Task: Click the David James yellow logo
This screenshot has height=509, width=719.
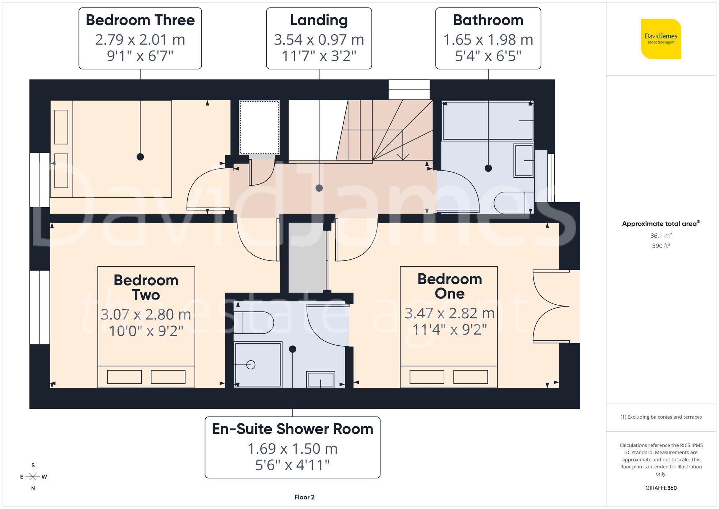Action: (x=661, y=39)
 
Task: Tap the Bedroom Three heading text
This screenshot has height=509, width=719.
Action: (x=140, y=20)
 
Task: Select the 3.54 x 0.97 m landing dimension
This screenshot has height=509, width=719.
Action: (x=319, y=40)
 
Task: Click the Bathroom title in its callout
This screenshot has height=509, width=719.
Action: (x=488, y=20)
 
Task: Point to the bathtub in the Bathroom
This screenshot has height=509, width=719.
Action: (x=487, y=121)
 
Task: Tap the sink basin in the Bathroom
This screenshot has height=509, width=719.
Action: (x=523, y=160)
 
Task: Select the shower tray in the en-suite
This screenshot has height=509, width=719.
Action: (x=258, y=364)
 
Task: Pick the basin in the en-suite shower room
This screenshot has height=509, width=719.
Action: (x=320, y=380)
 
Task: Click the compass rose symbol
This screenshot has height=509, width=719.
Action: (x=33, y=477)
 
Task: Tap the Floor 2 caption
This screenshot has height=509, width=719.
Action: (x=304, y=497)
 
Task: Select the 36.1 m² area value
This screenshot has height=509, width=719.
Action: (x=661, y=236)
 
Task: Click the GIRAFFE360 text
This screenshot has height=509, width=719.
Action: (x=661, y=488)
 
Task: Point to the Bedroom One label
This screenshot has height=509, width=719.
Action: (x=449, y=286)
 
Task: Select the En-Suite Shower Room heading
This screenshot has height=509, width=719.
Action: (x=292, y=429)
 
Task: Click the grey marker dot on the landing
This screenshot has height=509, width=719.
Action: (x=319, y=188)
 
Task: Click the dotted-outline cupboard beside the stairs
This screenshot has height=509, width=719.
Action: (x=259, y=127)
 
